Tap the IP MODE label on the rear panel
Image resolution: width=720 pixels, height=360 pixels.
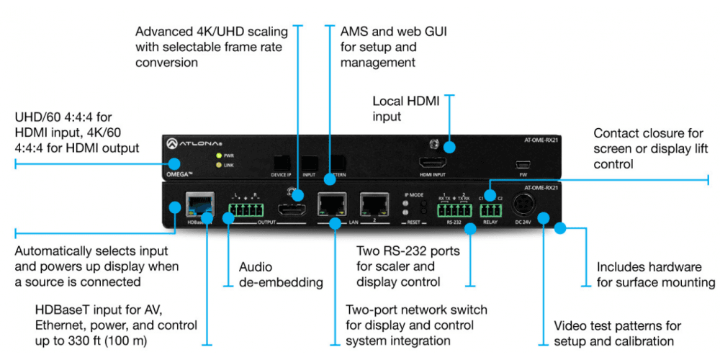coord(412,194)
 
